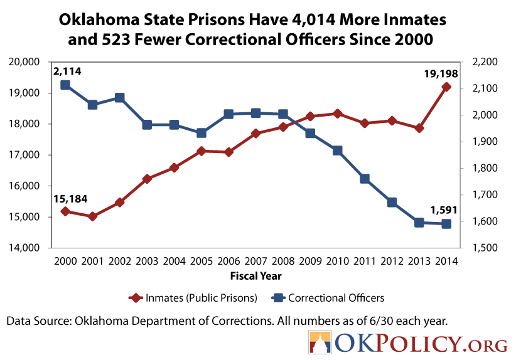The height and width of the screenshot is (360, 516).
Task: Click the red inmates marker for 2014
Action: point(446,87)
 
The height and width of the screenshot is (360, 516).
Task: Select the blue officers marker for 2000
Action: point(65,85)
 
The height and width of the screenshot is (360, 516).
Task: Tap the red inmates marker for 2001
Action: point(92,216)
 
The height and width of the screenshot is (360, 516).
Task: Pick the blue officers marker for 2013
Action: point(419,223)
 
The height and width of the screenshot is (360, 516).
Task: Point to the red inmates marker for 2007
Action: point(255,134)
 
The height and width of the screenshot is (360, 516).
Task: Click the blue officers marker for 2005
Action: point(201,133)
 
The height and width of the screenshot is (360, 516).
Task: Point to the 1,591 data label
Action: point(443,210)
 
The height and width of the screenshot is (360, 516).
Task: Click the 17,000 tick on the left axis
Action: point(26,155)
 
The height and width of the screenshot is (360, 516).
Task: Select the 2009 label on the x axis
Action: point(310,260)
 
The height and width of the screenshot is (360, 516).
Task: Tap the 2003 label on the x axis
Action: point(147,260)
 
